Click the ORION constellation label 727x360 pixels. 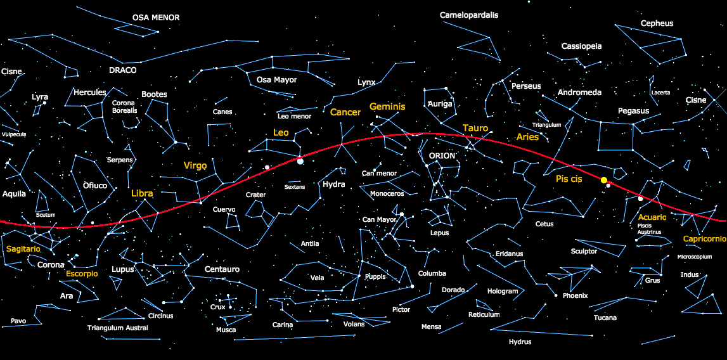click(442, 156)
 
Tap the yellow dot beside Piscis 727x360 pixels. click(604, 181)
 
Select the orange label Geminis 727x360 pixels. click(387, 106)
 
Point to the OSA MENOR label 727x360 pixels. click(156, 18)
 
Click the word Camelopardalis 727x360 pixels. click(469, 15)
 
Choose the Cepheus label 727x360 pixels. click(657, 23)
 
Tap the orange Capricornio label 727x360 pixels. click(704, 239)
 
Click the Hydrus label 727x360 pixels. click(520, 342)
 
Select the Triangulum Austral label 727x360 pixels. click(118, 328)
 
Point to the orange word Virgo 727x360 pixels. click(195, 165)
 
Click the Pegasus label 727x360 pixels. click(633, 111)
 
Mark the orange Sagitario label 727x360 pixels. click(23, 249)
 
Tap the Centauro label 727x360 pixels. click(222, 269)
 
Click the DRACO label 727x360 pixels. click(122, 70)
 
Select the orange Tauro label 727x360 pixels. click(475, 128)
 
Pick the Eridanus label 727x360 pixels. click(510, 254)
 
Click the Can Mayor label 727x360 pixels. click(380, 220)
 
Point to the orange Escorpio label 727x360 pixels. click(82, 274)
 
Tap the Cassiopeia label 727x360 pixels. click(581, 46)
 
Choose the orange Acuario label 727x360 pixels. click(652, 217)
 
